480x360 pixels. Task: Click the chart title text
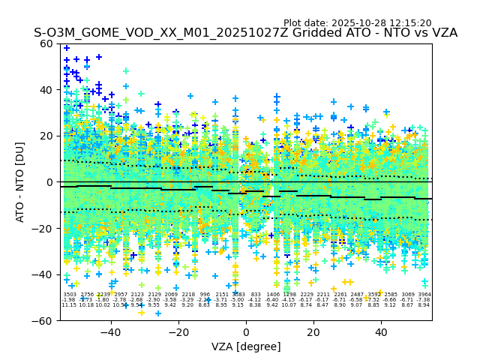click(x=245, y=33)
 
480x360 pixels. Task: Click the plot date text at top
click(x=357, y=23)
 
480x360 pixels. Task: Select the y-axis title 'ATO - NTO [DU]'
click(x=20, y=182)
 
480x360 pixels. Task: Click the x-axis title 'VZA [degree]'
click(x=245, y=346)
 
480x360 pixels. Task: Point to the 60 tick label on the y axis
click(x=46, y=43)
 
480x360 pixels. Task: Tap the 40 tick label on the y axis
click(x=46, y=90)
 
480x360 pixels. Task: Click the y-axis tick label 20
click(x=46, y=136)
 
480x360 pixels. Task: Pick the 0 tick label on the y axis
click(x=49, y=182)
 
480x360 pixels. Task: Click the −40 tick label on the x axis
click(x=110, y=332)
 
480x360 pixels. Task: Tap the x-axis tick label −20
click(x=178, y=332)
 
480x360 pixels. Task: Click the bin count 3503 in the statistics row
click(x=69, y=295)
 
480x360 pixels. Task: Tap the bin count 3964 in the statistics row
click(x=424, y=295)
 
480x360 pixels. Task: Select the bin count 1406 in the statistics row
click(x=272, y=295)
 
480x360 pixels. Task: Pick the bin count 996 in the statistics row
click(x=205, y=295)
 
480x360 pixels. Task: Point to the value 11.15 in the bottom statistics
click(x=69, y=305)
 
